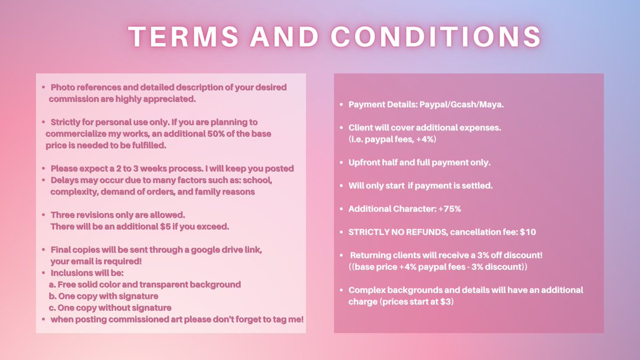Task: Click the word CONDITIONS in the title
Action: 436,37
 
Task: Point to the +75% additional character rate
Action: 449,209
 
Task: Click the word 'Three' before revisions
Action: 63,215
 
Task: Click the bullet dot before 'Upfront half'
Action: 341,163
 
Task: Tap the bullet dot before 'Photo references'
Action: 43,87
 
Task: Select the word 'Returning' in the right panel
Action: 371,256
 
